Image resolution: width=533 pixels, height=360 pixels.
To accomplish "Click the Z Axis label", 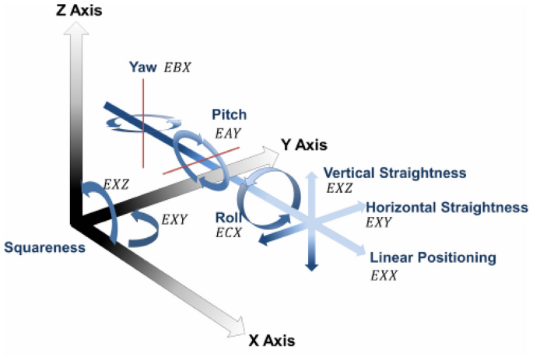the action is click(79, 11).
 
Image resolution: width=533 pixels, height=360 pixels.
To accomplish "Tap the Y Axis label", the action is click(304, 145).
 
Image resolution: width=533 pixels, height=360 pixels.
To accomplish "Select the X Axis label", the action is click(272, 341).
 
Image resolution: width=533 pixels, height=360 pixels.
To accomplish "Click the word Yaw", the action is click(142, 67).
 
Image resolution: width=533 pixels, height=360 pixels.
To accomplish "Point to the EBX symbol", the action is click(177, 68).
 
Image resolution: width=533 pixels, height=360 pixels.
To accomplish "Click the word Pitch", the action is click(230, 114).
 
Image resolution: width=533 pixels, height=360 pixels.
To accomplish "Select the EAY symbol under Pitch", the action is click(228, 134).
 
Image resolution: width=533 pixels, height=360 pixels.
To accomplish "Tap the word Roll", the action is click(228, 218).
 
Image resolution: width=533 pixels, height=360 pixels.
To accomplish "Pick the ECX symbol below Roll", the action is click(229, 233).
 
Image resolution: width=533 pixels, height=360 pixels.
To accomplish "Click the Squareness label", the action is click(44, 247).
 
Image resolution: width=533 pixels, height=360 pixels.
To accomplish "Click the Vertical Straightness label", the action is click(394, 173).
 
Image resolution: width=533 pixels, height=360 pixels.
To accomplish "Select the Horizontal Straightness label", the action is click(447, 208).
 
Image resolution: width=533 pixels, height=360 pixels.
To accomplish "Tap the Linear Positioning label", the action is click(433, 257).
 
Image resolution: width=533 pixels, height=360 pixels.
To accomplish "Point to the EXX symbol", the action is click(384, 275).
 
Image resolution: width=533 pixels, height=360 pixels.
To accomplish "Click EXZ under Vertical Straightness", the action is click(339, 188).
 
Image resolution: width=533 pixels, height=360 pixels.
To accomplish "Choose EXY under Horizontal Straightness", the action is click(379, 223).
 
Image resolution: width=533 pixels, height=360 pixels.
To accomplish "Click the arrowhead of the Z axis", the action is click(76, 29).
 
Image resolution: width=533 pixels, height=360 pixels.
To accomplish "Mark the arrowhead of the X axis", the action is click(237, 327).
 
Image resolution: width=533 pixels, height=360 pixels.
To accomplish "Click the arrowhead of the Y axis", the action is click(271, 155).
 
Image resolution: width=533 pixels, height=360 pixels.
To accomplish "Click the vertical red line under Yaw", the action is click(143, 124).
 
